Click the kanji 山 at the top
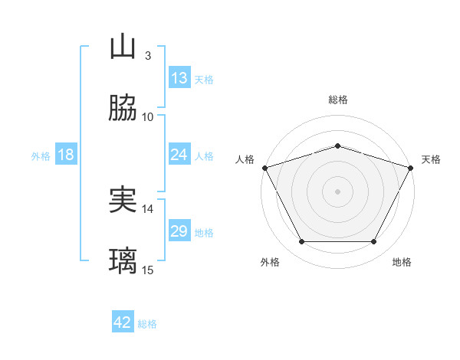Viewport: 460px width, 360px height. click(x=123, y=47)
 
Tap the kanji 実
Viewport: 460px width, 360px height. click(x=123, y=200)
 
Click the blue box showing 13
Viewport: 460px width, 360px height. click(x=179, y=78)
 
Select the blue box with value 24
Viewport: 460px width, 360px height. click(x=179, y=155)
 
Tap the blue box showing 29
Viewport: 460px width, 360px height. click(x=179, y=231)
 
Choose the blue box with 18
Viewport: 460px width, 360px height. click(x=66, y=155)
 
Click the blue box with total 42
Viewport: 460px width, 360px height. click(x=123, y=322)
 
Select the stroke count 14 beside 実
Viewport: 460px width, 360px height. click(x=148, y=208)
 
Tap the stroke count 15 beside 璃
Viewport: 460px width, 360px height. click(x=148, y=270)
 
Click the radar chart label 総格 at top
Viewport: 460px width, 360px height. click(x=338, y=100)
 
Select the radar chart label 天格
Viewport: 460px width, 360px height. click(x=431, y=159)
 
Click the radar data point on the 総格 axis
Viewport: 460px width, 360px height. click(x=338, y=146)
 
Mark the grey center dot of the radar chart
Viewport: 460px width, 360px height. click(x=338, y=191)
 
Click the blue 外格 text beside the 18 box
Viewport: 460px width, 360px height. click(x=41, y=155)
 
